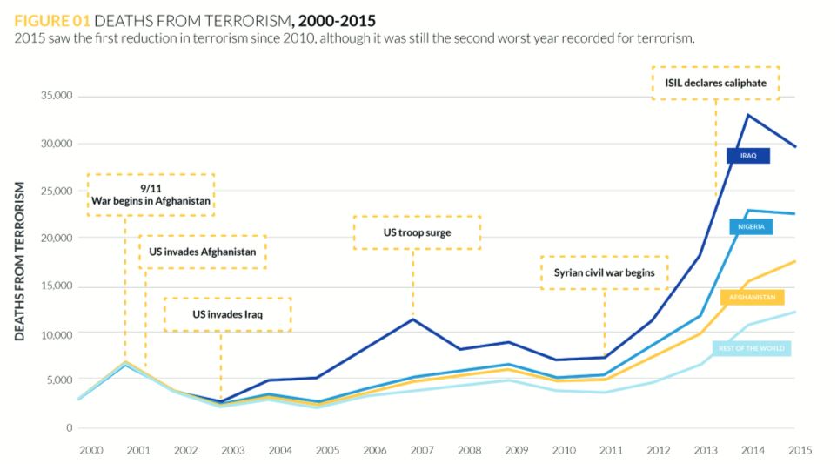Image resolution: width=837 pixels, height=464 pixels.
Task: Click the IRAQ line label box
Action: (x=748, y=156)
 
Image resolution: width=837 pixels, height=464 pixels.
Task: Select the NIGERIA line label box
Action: (x=751, y=226)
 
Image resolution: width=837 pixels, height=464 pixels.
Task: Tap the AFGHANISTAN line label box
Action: (x=753, y=297)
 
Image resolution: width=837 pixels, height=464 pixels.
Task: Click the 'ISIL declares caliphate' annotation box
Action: (x=715, y=83)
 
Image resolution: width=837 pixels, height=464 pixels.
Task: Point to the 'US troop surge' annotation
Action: (x=417, y=232)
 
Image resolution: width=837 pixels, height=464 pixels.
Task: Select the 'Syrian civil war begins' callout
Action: (x=604, y=272)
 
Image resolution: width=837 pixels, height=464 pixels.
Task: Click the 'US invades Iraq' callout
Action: (x=227, y=313)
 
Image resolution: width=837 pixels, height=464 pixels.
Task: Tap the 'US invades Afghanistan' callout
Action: (x=202, y=252)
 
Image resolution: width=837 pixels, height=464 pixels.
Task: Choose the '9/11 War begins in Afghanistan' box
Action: (x=151, y=194)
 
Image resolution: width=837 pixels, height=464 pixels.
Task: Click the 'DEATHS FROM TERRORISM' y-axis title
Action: (x=20, y=261)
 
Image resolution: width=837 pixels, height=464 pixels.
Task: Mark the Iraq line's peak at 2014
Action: (x=747, y=115)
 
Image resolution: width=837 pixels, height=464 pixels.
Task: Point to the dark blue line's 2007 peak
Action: (x=413, y=319)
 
